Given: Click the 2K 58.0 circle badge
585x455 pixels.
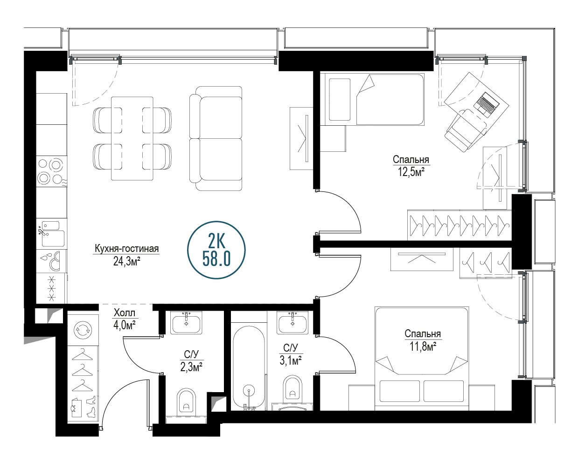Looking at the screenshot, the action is point(216,250).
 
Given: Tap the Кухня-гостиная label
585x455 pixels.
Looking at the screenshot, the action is point(126,249).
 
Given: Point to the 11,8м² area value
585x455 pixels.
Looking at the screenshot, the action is point(423,346).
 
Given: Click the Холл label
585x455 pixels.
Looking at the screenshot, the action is point(124,313).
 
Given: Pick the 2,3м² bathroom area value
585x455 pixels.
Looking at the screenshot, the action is point(191,367).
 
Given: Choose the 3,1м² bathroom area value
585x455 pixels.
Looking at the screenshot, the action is point(290,360).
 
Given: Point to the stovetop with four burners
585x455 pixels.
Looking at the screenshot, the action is point(52,171).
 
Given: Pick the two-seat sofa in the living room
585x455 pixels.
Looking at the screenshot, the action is point(216,138).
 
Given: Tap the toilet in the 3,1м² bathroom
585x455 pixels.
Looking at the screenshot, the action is point(292,389).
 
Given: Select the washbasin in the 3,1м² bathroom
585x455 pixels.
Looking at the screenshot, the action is point(292,323).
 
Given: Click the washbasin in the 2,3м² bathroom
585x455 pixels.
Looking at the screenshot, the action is point(186,323).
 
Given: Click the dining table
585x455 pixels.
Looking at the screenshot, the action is point(132,139).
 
